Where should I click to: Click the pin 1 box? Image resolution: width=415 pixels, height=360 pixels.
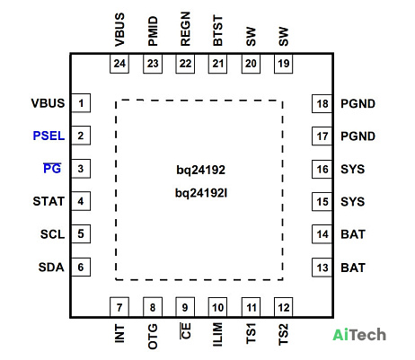tap(81, 103)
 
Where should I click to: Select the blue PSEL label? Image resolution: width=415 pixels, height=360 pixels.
tap(49, 136)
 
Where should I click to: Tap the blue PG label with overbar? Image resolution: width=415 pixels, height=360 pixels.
tap(52, 169)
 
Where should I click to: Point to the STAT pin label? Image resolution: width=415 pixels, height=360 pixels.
tap(49, 201)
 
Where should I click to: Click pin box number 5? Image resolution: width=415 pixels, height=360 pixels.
tap(81, 233)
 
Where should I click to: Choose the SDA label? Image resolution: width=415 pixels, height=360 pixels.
tap(51, 267)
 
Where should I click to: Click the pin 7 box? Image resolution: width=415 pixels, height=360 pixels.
tap(119, 307)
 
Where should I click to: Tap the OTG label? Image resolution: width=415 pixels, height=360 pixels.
tap(153, 336)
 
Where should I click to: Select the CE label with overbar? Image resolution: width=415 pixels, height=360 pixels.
tap(185, 330)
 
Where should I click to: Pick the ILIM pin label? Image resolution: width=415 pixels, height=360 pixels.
tap(217, 335)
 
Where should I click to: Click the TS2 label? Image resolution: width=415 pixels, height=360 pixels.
tap(283, 334)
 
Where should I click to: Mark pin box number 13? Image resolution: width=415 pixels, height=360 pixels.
tap(322, 268)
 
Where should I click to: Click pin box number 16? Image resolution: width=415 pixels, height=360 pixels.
tap(322, 169)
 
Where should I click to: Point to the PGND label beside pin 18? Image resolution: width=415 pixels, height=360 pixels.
tap(358, 103)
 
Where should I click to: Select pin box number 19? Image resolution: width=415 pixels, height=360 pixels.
tap(284, 64)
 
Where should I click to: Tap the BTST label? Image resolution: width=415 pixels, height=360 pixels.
tap(217, 31)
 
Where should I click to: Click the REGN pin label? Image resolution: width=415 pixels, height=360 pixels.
tap(185, 29)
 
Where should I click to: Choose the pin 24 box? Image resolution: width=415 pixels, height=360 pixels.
tap(119, 64)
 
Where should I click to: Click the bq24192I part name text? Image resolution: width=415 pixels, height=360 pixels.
tap(201, 193)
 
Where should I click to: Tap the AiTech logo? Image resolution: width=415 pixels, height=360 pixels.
tap(359, 335)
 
